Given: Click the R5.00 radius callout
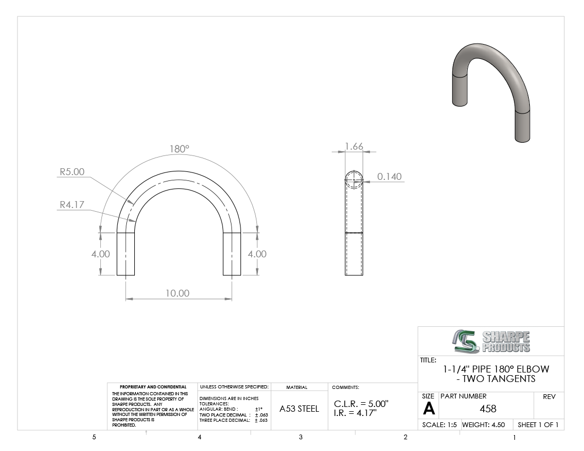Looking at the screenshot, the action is tap(72, 172).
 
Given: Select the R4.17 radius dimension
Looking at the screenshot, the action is tap(72, 205).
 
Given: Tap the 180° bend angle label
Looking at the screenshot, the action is tap(179, 149).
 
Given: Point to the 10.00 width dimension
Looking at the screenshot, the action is tap(178, 293).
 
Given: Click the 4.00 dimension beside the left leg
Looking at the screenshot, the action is tap(100, 254).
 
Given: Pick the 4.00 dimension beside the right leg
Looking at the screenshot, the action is tap(257, 254).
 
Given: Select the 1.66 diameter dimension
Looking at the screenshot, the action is tap(354, 146).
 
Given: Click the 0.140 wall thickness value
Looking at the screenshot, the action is tap(390, 176).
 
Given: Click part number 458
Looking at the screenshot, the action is tap(488, 409).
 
